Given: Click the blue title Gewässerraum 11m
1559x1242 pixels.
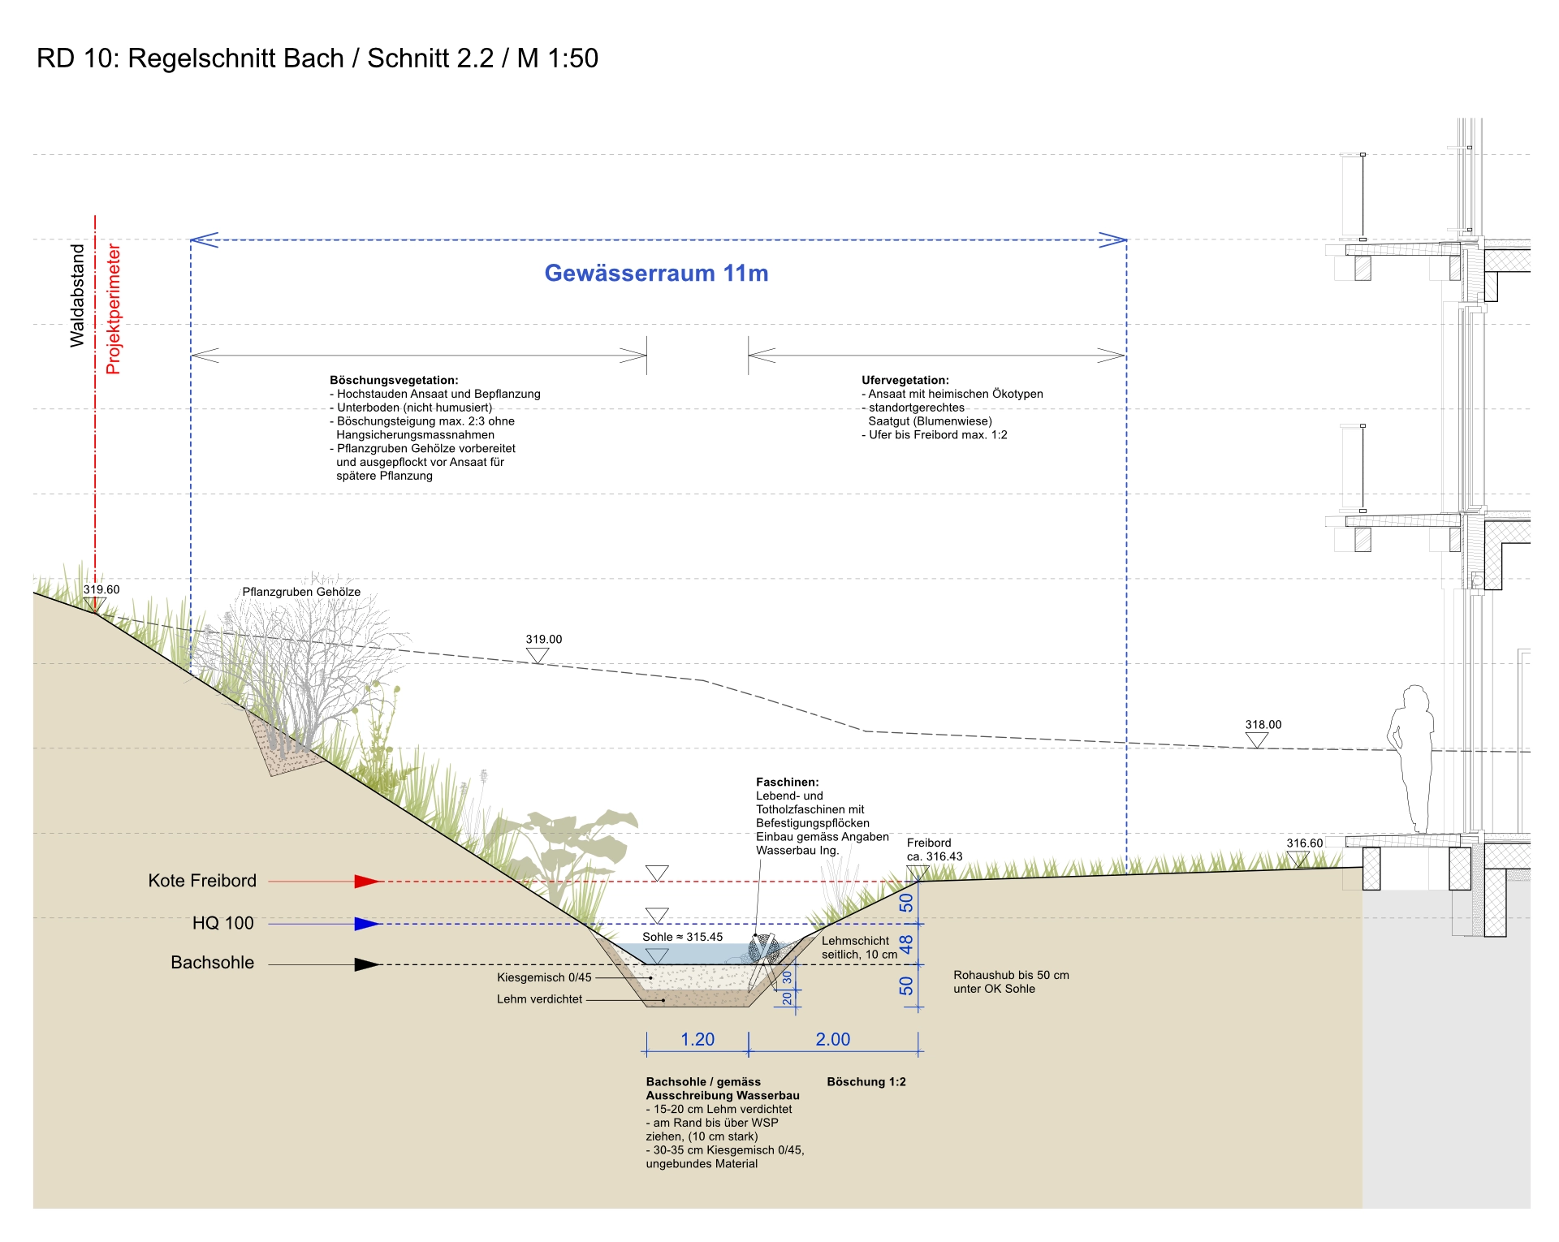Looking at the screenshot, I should coord(656,274).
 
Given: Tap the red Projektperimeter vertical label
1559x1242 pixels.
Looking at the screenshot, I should coord(113,308).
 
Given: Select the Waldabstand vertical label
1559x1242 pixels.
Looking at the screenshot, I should coord(77,295).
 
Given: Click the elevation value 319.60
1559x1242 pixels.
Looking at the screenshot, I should coord(101,590).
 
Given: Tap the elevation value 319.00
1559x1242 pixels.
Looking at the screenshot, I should coord(544,640).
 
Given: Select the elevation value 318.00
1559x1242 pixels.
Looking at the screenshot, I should coord(1263,725).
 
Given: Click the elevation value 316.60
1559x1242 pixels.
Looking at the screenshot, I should coord(1304,843).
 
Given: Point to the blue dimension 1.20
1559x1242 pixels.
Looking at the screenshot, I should coord(697,1040).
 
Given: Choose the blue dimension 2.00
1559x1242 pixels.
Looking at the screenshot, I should coord(833,1040).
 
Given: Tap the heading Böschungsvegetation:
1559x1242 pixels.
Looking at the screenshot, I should coord(394,380).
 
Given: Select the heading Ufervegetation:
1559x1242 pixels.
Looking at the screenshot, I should coord(905,380).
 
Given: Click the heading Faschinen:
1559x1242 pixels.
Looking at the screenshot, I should coord(788,783).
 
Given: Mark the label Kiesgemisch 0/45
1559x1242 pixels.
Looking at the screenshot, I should coord(544,978).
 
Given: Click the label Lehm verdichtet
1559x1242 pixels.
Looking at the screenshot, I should coord(539,999).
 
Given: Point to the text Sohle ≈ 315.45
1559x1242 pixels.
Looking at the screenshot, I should coord(682,937).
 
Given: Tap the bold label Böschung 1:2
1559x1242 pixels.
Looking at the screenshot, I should coord(866,1082).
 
